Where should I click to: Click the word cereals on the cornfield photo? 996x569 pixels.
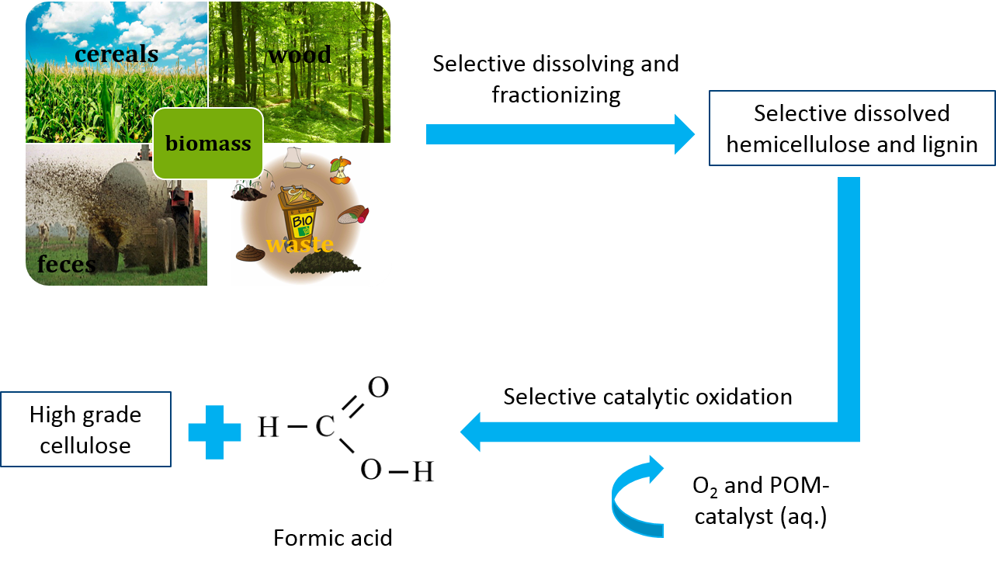(116, 54)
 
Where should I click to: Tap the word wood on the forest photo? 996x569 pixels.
(300, 55)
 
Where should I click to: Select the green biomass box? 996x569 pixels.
(208, 144)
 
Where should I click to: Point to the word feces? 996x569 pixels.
(67, 265)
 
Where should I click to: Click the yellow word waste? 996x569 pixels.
(300, 245)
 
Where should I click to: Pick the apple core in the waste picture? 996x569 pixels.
(339, 171)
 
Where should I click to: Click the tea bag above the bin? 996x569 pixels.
(293, 158)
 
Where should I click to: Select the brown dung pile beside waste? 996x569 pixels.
(250, 254)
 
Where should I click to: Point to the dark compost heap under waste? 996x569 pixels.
(325, 265)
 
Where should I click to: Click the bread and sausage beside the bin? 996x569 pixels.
(353, 214)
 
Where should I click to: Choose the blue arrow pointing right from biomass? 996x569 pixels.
(560, 134)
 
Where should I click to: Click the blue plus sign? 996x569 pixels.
(215, 432)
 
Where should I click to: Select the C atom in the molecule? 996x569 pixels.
(325, 428)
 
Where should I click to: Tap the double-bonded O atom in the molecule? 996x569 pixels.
(378, 387)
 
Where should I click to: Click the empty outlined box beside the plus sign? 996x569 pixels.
(86, 429)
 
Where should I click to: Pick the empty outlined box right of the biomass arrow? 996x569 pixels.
(852, 128)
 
